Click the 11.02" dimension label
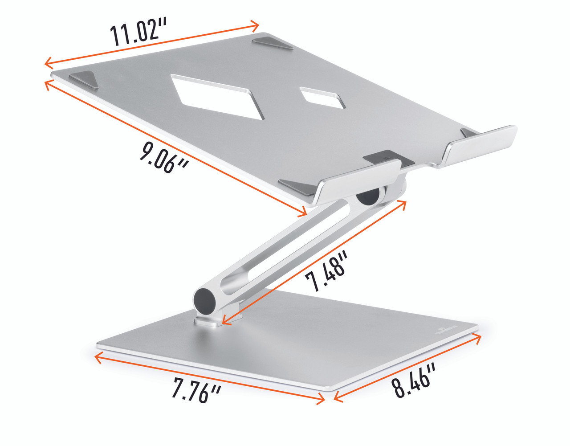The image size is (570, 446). pos(138,33)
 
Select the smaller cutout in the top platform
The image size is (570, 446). pos(323,97)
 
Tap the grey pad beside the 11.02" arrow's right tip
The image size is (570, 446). pos(272,44)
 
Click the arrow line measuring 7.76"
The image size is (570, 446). pos(209,379)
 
